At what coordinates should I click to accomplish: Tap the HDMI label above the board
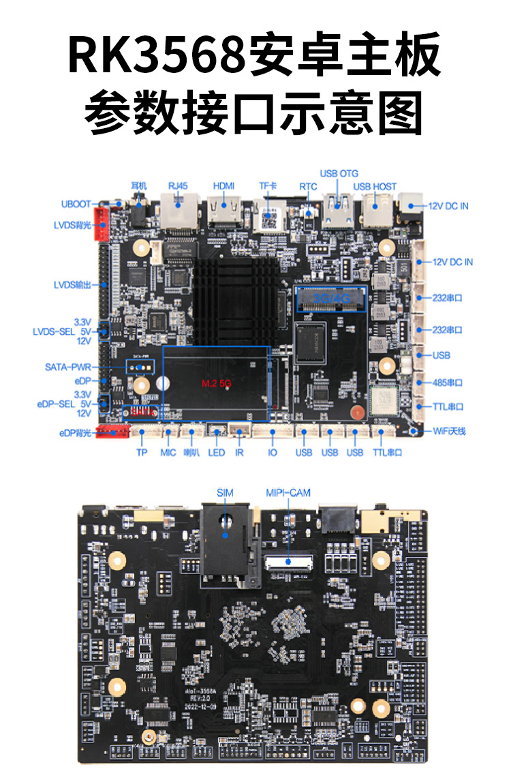(223, 186)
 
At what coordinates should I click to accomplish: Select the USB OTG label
(339, 174)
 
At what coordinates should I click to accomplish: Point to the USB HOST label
(374, 187)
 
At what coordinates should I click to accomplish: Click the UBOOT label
(75, 204)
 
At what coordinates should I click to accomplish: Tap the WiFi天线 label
(449, 431)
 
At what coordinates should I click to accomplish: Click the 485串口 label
(448, 382)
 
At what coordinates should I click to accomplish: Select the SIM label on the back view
(225, 492)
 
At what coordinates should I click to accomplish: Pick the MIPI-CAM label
(285, 492)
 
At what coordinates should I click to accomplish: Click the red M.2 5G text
(217, 384)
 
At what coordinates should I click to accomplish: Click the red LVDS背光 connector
(103, 224)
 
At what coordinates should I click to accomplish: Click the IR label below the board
(239, 452)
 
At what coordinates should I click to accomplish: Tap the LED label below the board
(216, 452)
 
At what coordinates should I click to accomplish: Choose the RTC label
(308, 186)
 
